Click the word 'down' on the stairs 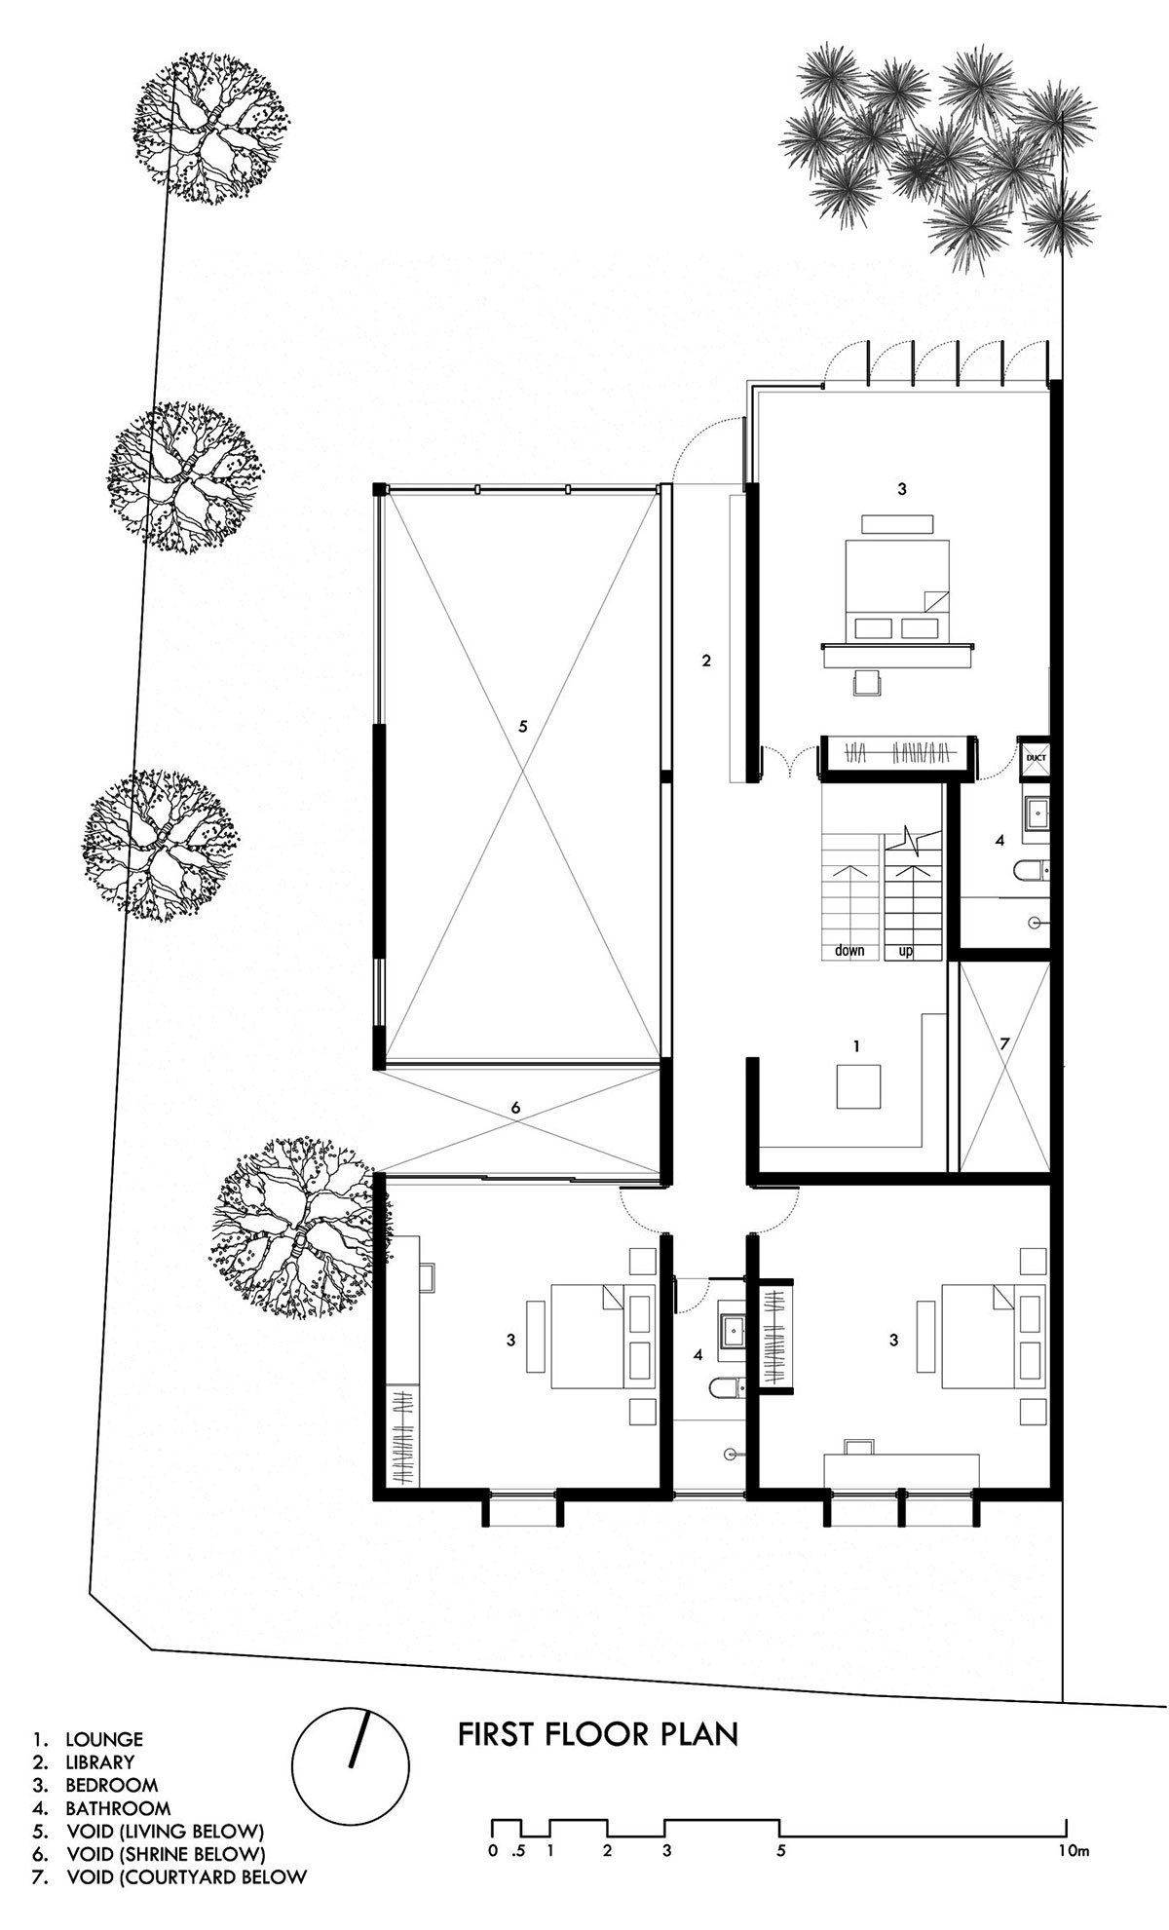click(849, 951)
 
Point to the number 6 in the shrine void click(516, 1108)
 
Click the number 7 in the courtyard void click(1005, 1043)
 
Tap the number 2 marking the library click(707, 661)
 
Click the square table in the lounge click(858, 1085)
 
